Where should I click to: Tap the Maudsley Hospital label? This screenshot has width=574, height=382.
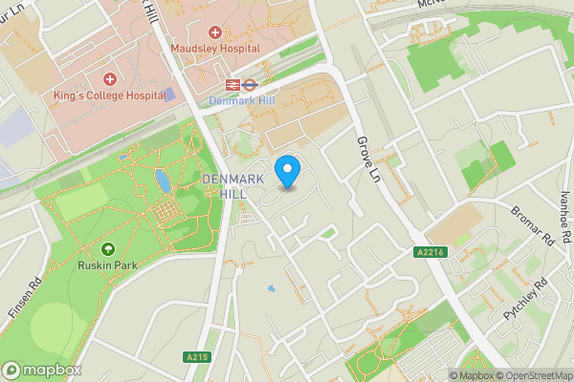click(x=215, y=48)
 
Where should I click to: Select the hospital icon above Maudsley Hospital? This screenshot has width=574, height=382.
click(x=215, y=32)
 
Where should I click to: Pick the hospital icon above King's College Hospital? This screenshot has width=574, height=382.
click(x=109, y=78)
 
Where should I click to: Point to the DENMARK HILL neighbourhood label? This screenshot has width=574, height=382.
click(x=226, y=186)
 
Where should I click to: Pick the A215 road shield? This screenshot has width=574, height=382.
click(x=196, y=357)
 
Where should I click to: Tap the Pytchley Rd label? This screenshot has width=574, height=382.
click(x=526, y=298)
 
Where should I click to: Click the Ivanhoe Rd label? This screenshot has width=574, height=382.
click(x=565, y=216)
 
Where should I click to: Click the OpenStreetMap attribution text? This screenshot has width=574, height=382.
click(x=535, y=375)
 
